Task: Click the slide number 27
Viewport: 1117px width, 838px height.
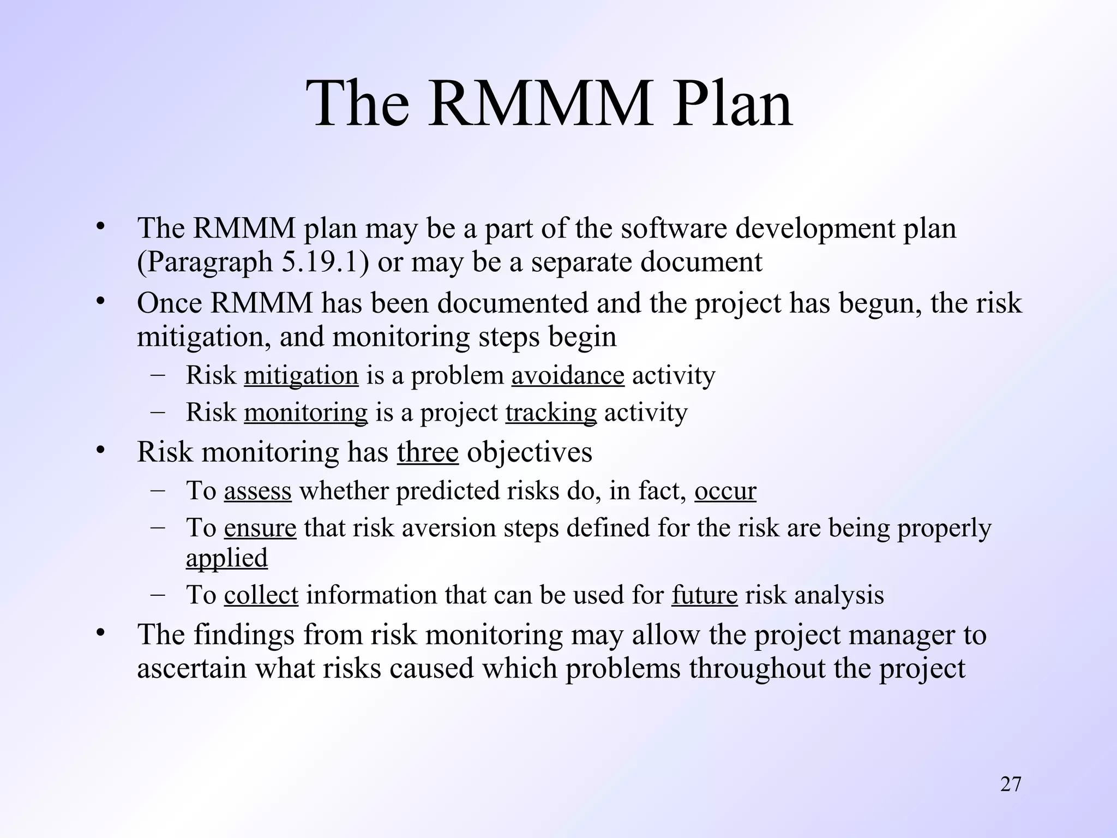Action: click(1011, 784)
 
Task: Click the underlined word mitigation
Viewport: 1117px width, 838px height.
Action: click(301, 376)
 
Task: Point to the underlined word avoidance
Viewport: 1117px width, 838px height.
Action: click(568, 376)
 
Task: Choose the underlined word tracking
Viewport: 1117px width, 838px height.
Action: click(551, 413)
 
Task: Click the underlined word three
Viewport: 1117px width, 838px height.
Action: click(428, 452)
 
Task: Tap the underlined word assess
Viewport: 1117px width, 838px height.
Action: click(257, 491)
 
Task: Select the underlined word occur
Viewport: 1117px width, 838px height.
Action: click(725, 491)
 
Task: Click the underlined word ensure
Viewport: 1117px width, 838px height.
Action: click(260, 528)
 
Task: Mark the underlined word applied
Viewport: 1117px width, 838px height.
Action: click(227, 559)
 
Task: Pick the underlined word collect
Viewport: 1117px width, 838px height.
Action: click(261, 595)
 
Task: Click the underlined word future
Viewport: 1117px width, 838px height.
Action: click(704, 595)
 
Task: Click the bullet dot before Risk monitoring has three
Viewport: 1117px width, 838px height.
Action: click(99, 451)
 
